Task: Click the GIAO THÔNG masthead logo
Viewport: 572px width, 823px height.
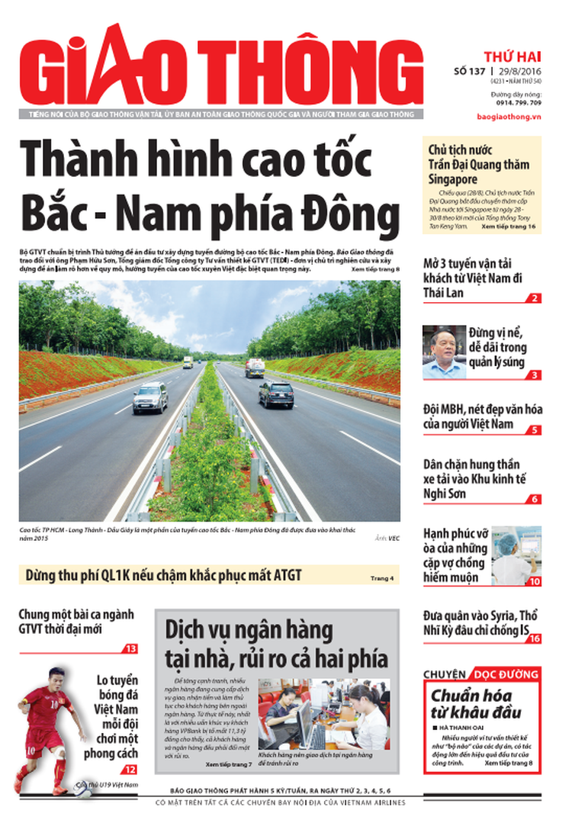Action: point(220,68)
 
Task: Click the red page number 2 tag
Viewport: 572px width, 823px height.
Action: point(535,298)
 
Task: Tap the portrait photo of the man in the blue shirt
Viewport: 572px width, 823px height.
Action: point(443,352)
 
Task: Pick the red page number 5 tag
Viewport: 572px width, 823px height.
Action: point(535,429)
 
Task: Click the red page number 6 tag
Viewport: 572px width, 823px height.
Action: point(535,499)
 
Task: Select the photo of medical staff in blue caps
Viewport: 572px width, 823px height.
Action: point(516,555)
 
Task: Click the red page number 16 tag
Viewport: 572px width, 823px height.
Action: point(533,638)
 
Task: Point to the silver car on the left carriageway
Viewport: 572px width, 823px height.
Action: point(150,397)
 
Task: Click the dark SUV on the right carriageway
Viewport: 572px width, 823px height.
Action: point(275,394)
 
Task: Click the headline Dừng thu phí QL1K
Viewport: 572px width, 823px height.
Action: point(163,575)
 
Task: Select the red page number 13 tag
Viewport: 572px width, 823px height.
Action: point(131,648)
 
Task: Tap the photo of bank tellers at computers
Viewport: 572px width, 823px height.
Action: point(324,714)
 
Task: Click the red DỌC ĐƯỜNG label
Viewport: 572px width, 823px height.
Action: point(506,674)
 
